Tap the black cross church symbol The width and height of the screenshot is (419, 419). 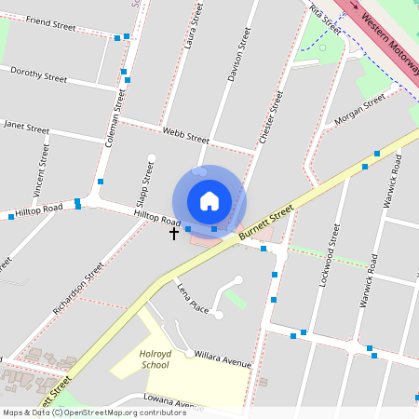tap(173, 234)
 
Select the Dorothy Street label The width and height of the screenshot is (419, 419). tap(38, 74)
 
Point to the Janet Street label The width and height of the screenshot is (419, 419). tap(26, 125)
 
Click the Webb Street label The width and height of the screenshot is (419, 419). tap(185, 135)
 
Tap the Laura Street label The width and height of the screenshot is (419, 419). tap(195, 25)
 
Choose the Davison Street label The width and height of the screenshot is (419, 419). tap(239, 54)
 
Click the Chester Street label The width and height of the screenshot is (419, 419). tap(271, 115)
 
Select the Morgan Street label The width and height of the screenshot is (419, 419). tap(359, 111)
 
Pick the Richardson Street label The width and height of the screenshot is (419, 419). tap(78, 287)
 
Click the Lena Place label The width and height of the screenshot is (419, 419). tap(193, 296)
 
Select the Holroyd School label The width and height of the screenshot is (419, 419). tap(155, 359)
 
